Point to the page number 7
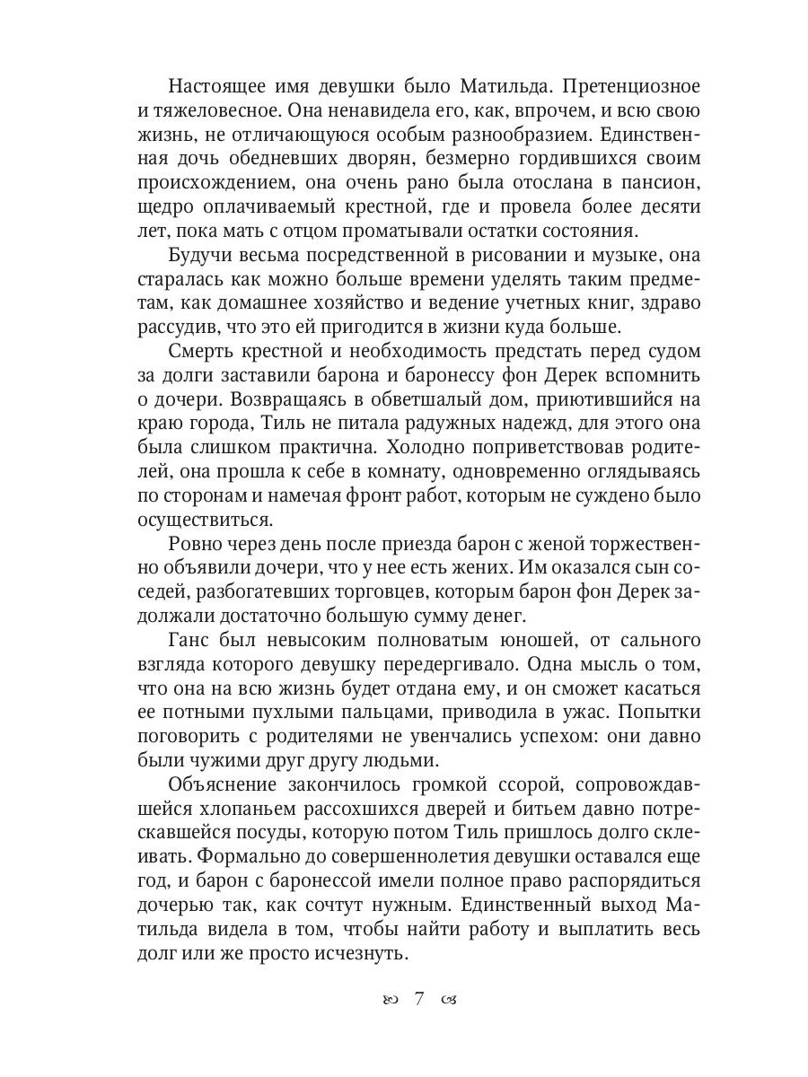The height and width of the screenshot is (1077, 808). [x=418, y=997]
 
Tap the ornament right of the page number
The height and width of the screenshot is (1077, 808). [x=449, y=998]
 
